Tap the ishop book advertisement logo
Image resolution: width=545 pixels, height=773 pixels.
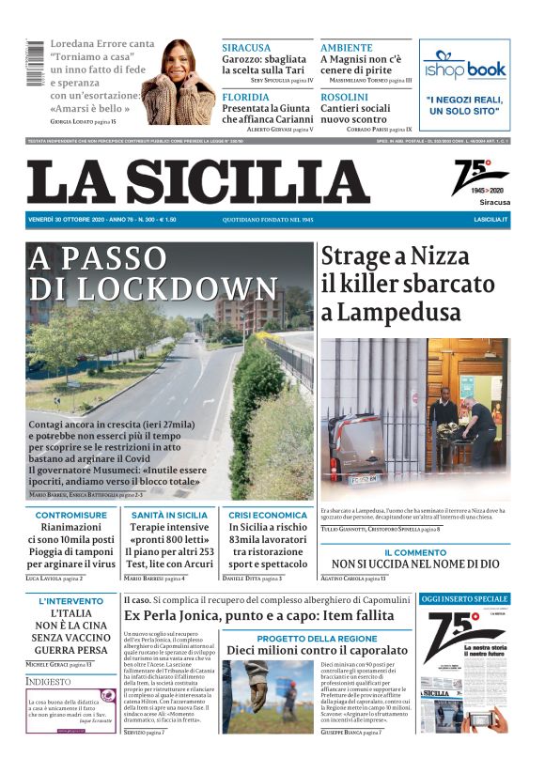point(464,68)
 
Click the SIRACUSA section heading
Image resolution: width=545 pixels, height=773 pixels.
point(246,48)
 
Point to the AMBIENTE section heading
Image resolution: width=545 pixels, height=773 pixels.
point(347,48)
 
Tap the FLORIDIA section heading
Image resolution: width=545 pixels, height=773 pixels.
point(245,97)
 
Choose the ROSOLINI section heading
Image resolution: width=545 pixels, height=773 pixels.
point(344,97)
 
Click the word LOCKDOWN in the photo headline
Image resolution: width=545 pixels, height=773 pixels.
point(154,287)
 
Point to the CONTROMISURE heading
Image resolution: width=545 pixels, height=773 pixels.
point(71,515)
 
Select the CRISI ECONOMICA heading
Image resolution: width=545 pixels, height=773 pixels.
point(268,515)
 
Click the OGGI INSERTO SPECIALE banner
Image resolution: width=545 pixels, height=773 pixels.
point(464,598)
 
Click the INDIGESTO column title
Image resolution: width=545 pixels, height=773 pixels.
point(48,681)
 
